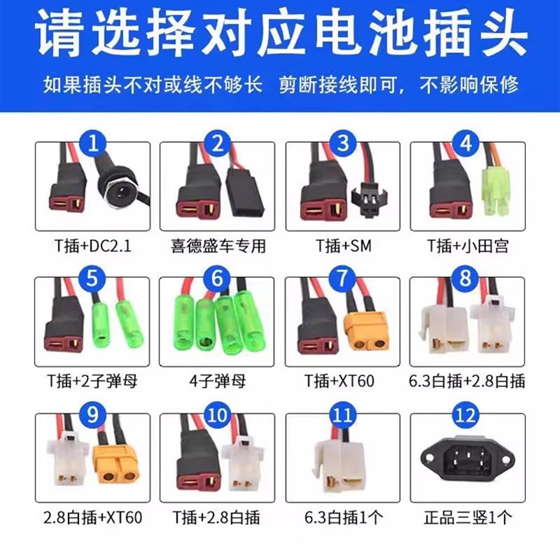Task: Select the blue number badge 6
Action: (218, 280)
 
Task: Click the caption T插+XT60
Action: (342, 381)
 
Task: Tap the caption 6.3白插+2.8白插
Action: (468, 381)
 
